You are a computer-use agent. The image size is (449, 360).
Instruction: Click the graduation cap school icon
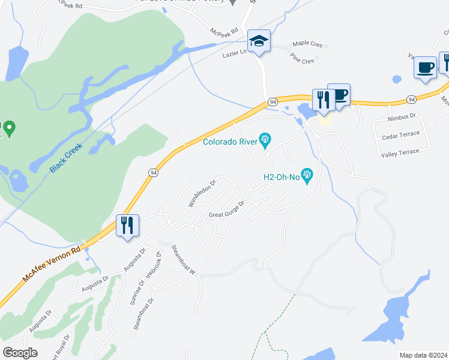(x=259, y=41)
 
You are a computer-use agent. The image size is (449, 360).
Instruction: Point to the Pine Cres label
(x=302, y=61)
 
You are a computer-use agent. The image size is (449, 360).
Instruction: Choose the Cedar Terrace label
(x=400, y=137)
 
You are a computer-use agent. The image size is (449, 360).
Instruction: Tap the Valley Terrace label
(x=400, y=152)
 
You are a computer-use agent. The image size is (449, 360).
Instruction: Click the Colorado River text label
(x=231, y=142)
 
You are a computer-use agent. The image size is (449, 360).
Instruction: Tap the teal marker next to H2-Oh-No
(x=307, y=175)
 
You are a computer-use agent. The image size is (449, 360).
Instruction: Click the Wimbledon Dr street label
(x=202, y=194)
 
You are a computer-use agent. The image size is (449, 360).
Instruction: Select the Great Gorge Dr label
(x=226, y=210)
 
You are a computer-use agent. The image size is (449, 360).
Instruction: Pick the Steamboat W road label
(x=184, y=259)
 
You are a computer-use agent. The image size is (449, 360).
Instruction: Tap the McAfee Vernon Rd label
(x=52, y=264)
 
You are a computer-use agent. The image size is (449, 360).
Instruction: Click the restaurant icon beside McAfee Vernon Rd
(x=127, y=226)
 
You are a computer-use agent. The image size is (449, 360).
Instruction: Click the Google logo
(x=20, y=353)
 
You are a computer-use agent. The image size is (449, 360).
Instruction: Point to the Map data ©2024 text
(x=423, y=355)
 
